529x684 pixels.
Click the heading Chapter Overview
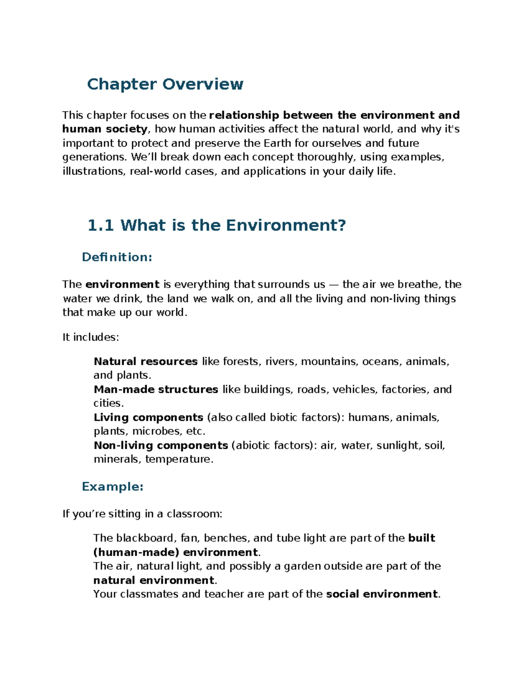click(165, 84)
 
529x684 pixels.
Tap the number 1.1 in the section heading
click(101, 226)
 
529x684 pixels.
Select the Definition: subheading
click(117, 257)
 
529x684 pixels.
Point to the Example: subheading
click(112, 487)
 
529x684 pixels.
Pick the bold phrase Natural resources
click(145, 362)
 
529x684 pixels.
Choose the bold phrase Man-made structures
click(156, 389)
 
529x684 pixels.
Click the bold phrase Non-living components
click(160, 445)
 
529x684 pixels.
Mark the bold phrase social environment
click(382, 594)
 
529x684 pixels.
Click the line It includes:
click(91, 337)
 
